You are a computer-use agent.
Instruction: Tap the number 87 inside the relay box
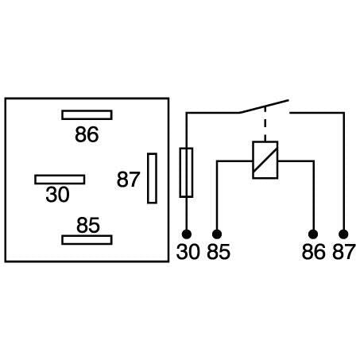click(x=129, y=180)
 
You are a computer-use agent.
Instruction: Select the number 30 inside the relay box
click(x=57, y=195)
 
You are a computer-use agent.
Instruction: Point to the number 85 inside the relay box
click(x=88, y=225)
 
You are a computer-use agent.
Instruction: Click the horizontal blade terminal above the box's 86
click(x=87, y=114)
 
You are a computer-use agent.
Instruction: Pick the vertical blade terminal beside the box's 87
click(x=152, y=179)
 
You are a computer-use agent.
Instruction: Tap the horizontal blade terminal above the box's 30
click(x=60, y=179)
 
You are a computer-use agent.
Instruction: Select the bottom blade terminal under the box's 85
click(x=87, y=239)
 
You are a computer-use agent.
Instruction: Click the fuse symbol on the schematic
click(x=187, y=171)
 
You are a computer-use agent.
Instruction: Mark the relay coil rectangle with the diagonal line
click(x=264, y=160)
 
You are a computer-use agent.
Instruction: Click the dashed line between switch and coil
click(x=264, y=127)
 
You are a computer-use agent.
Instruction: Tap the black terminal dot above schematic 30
click(x=187, y=234)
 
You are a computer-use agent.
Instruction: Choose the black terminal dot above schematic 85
click(x=217, y=234)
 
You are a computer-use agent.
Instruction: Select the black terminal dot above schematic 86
click(x=313, y=234)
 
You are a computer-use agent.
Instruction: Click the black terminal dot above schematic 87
click(x=343, y=234)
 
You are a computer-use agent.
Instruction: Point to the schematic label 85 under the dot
click(x=218, y=253)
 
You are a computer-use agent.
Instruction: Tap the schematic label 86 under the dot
click(x=313, y=253)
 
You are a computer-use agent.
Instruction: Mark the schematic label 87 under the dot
click(x=343, y=253)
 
